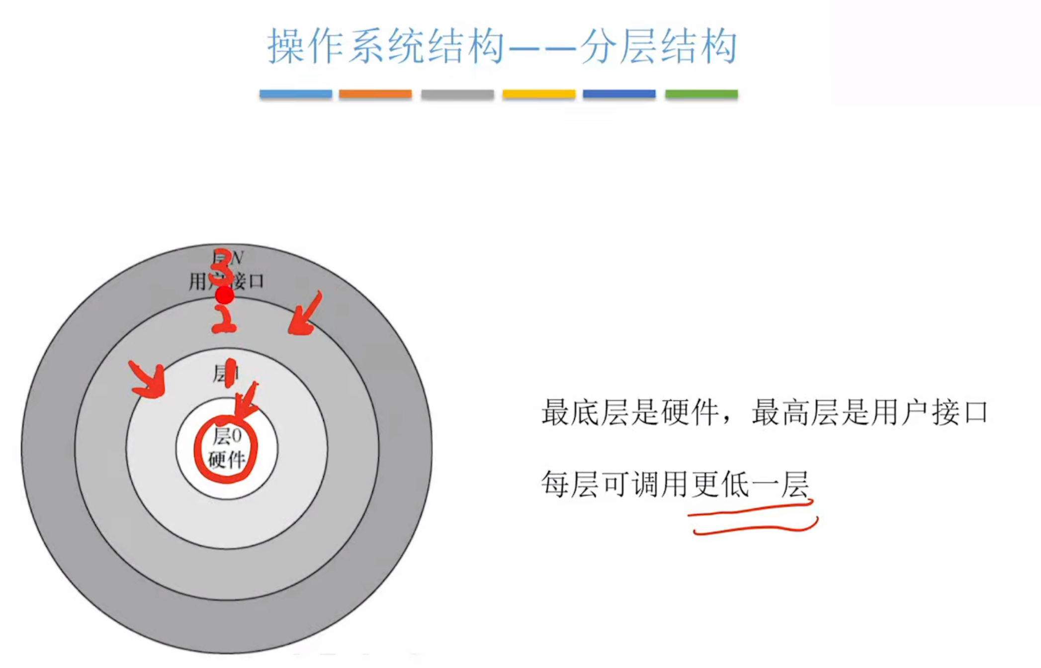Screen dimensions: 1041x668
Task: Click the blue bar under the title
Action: point(295,94)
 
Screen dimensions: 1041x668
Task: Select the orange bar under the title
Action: point(375,94)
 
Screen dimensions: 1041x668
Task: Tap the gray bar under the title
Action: point(457,94)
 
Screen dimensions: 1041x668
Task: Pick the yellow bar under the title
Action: point(539,94)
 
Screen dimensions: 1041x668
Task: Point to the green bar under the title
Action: point(701,94)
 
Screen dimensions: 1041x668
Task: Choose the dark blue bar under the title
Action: point(619,94)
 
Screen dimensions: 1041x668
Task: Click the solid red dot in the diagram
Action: point(225,295)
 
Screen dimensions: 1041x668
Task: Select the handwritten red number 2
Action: point(224,319)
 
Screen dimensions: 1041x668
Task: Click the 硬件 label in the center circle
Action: point(227,460)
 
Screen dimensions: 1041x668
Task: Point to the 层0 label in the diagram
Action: point(227,436)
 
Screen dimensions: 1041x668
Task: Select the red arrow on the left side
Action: point(148,380)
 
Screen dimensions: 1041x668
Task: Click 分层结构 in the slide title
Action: point(658,46)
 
